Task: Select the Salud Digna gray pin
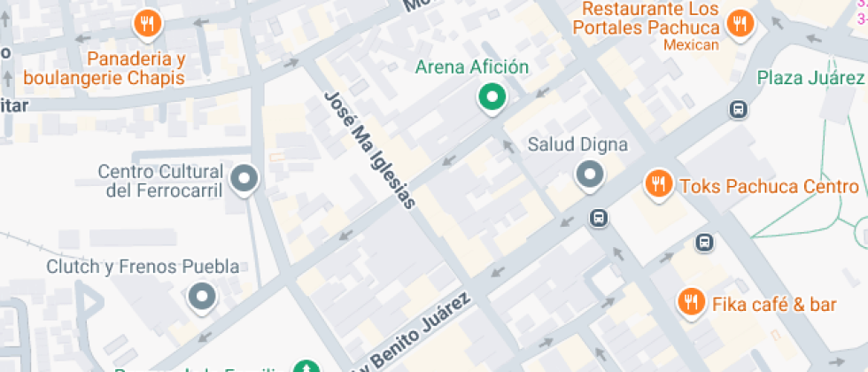[589, 175]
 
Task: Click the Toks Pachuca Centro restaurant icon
[657, 185]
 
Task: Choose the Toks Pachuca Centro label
[768, 186]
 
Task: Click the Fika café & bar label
[774, 305]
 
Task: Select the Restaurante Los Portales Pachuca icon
[739, 25]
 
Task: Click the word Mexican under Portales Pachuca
[690, 45]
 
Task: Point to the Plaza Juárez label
[810, 77]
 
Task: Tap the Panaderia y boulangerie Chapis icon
[146, 24]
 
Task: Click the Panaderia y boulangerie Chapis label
[104, 68]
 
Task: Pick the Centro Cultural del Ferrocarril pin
[244, 180]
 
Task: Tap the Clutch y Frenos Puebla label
[143, 266]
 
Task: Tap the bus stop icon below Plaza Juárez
[737, 109]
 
